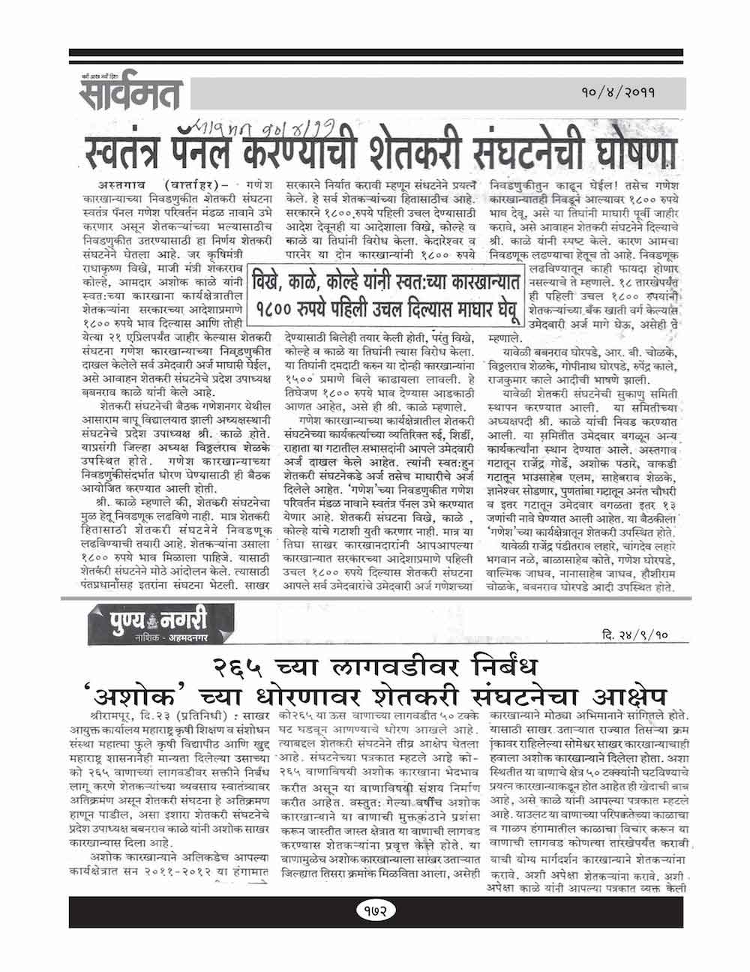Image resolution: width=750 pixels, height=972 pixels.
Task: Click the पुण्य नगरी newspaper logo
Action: click(x=136, y=621)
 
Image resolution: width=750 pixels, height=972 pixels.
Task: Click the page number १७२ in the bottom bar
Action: click(x=373, y=910)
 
